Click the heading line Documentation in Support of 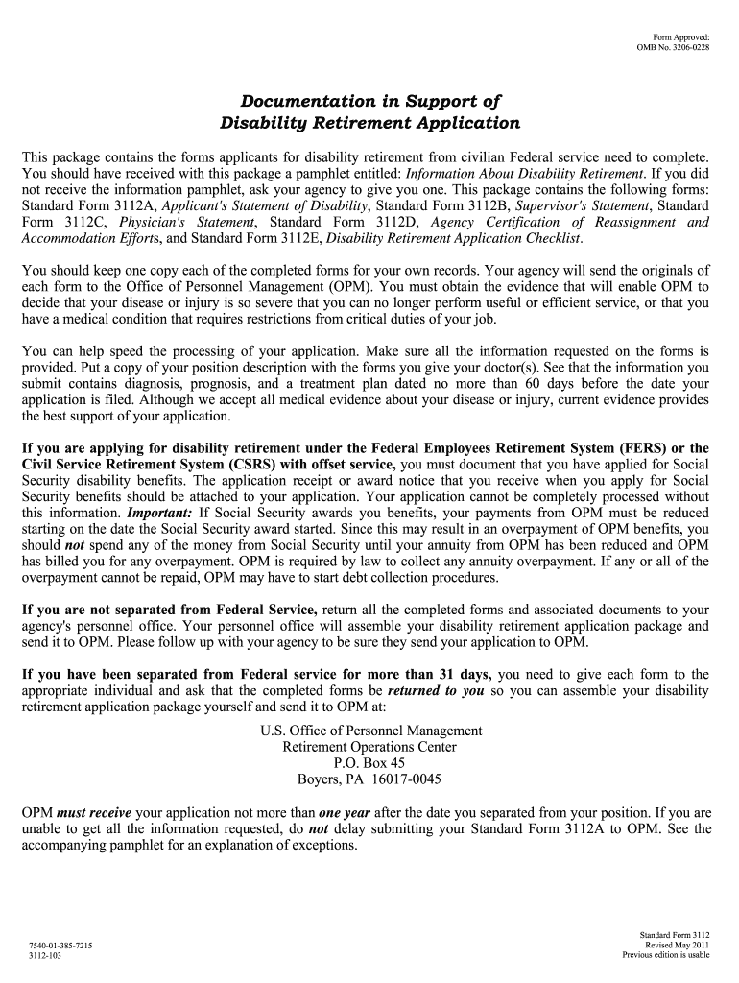pos(369,101)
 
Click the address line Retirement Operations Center pos(369,747)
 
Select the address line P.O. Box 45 pos(369,763)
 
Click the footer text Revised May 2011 pos(678,945)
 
